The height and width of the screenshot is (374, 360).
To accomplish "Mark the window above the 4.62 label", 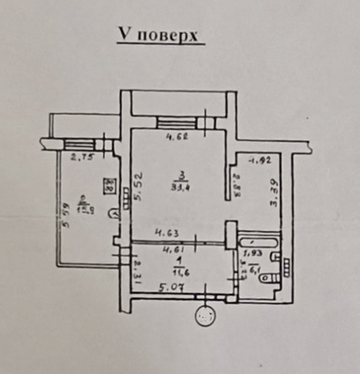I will pos(177,123).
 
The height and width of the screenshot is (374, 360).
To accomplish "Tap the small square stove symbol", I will pos(110,185).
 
